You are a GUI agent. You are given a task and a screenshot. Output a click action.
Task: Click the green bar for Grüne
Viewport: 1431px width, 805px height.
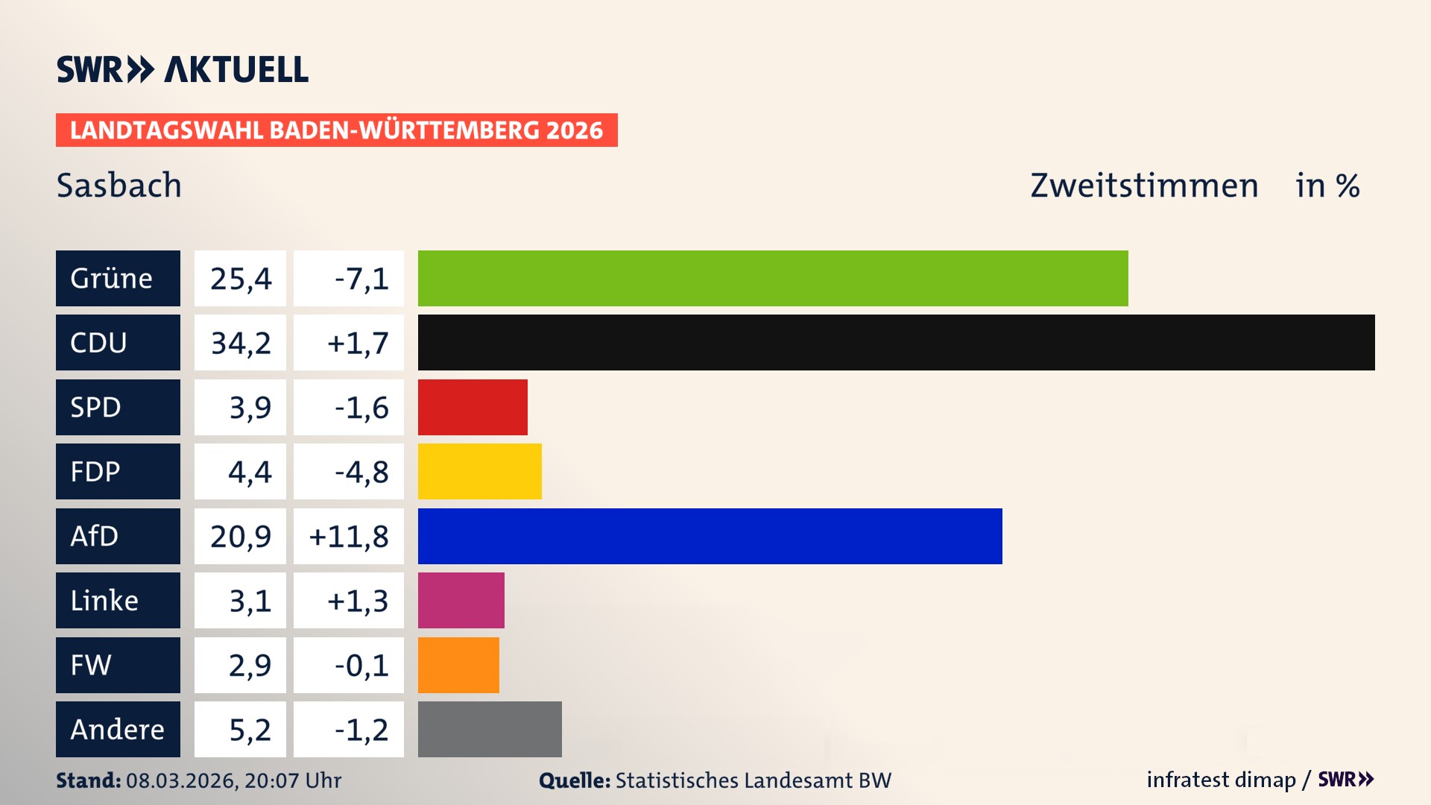point(773,278)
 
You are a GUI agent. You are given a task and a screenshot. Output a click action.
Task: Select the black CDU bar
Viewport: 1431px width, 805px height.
point(896,342)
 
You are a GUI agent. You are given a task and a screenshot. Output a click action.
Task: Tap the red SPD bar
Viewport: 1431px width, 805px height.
point(473,407)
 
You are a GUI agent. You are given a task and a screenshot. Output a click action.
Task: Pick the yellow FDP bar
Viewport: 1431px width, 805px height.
point(479,471)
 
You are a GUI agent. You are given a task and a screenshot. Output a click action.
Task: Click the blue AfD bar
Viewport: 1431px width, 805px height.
point(710,536)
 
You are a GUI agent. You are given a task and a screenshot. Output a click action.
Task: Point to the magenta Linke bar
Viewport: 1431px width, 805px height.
point(461,600)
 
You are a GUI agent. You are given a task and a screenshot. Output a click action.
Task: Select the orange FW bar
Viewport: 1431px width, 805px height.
point(458,665)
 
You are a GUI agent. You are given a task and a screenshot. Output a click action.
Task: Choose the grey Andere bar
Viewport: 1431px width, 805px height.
point(490,729)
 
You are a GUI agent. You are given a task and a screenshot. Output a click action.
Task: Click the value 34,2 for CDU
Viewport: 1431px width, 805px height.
point(240,343)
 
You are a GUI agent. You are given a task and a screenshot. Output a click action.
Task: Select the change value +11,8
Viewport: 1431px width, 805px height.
point(349,536)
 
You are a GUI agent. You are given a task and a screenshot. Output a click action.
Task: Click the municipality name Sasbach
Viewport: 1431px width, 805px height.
point(119,185)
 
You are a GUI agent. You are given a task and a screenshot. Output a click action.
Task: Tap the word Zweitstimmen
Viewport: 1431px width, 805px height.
point(1144,185)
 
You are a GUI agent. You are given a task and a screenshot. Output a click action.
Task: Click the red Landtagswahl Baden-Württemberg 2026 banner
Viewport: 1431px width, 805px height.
point(336,130)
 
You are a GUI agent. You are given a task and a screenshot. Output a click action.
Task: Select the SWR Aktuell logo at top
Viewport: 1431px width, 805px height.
point(182,69)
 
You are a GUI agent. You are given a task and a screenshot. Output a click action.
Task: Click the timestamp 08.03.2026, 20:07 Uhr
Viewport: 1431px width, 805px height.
point(233,780)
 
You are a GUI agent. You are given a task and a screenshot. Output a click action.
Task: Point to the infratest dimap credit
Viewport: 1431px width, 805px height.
point(1221,780)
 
